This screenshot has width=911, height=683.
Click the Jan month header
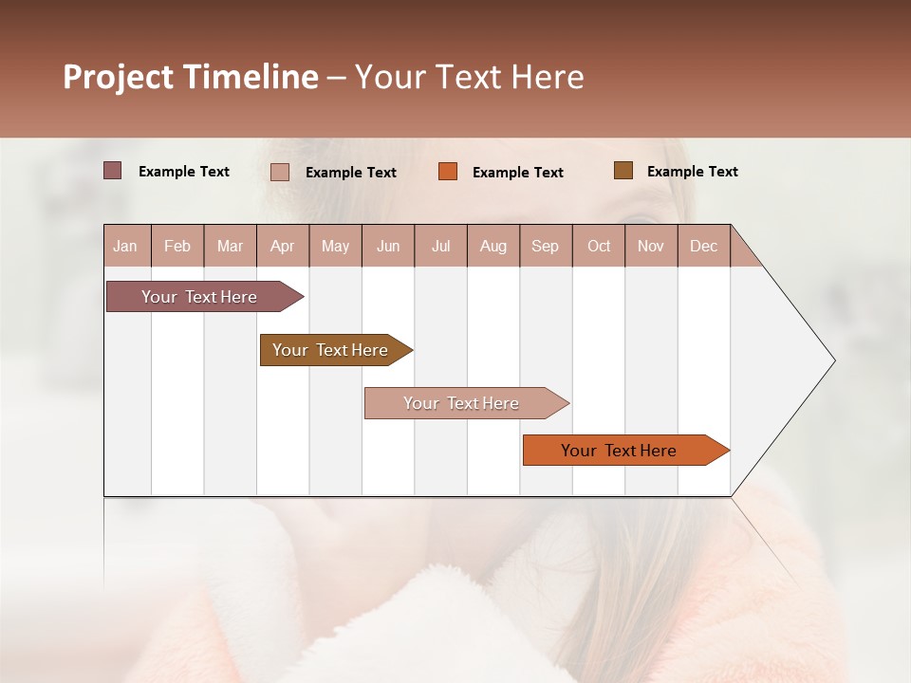(x=125, y=246)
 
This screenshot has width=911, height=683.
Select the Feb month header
(x=177, y=246)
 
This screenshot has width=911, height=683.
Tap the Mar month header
(x=230, y=246)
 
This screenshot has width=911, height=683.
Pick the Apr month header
(x=283, y=246)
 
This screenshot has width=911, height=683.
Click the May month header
(x=335, y=246)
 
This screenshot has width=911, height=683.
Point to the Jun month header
(x=388, y=246)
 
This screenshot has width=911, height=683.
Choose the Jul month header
(x=440, y=246)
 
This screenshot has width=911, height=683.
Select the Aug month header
(x=493, y=246)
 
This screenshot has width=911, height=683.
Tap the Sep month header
(x=546, y=246)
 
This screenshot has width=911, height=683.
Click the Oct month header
(x=599, y=246)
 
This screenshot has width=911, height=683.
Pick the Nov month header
(x=651, y=246)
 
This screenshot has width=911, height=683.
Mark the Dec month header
(x=704, y=246)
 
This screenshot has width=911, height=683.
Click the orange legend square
(x=448, y=172)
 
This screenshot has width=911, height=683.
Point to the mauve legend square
(x=113, y=171)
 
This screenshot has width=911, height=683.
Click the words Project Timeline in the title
(x=190, y=77)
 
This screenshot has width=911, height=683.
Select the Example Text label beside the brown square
(x=692, y=172)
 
